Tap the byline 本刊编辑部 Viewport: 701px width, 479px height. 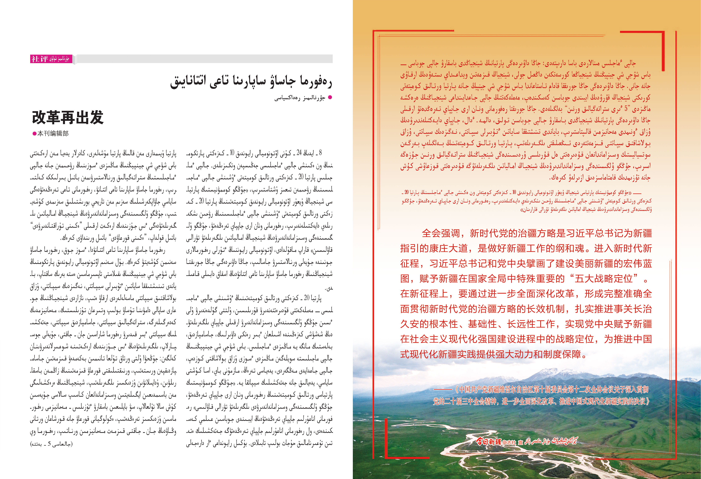click(x=53, y=133)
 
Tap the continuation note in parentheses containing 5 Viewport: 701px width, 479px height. click(x=51, y=444)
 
